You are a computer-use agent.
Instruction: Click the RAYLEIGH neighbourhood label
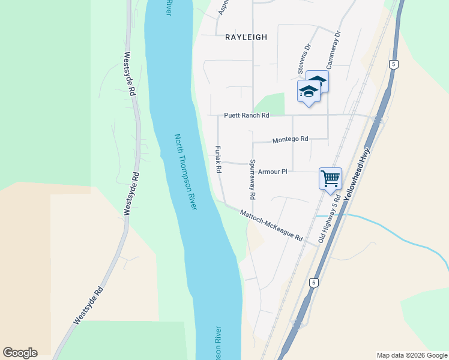click(x=246, y=37)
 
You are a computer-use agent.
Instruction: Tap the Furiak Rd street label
click(x=219, y=160)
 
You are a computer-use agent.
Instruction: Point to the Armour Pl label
click(x=273, y=172)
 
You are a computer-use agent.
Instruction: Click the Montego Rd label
click(x=290, y=139)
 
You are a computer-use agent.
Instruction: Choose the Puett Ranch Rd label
click(x=247, y=115)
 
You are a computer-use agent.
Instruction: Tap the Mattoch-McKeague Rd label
click(x=271, y=226)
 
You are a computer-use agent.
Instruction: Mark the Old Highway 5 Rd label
click(x=330, y=218)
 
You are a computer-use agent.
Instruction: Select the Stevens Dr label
click(x=303, y=59)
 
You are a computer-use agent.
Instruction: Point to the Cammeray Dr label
click(x=331, y=51)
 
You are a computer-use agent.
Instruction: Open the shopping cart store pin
click(x=330, y=179)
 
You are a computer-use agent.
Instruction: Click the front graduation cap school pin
click(x=309, y=92)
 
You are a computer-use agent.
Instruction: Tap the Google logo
click(x=20, y=353)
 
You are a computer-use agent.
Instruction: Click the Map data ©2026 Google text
click(x=411, y=355)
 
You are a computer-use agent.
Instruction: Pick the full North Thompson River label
click(x=185, y=172)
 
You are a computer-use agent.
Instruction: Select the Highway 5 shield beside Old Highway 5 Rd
click(x=313, y=282)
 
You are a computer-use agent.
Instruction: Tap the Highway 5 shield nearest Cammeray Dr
click(x=394, y=64)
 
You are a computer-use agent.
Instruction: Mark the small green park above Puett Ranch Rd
click(x=273, y=103)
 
